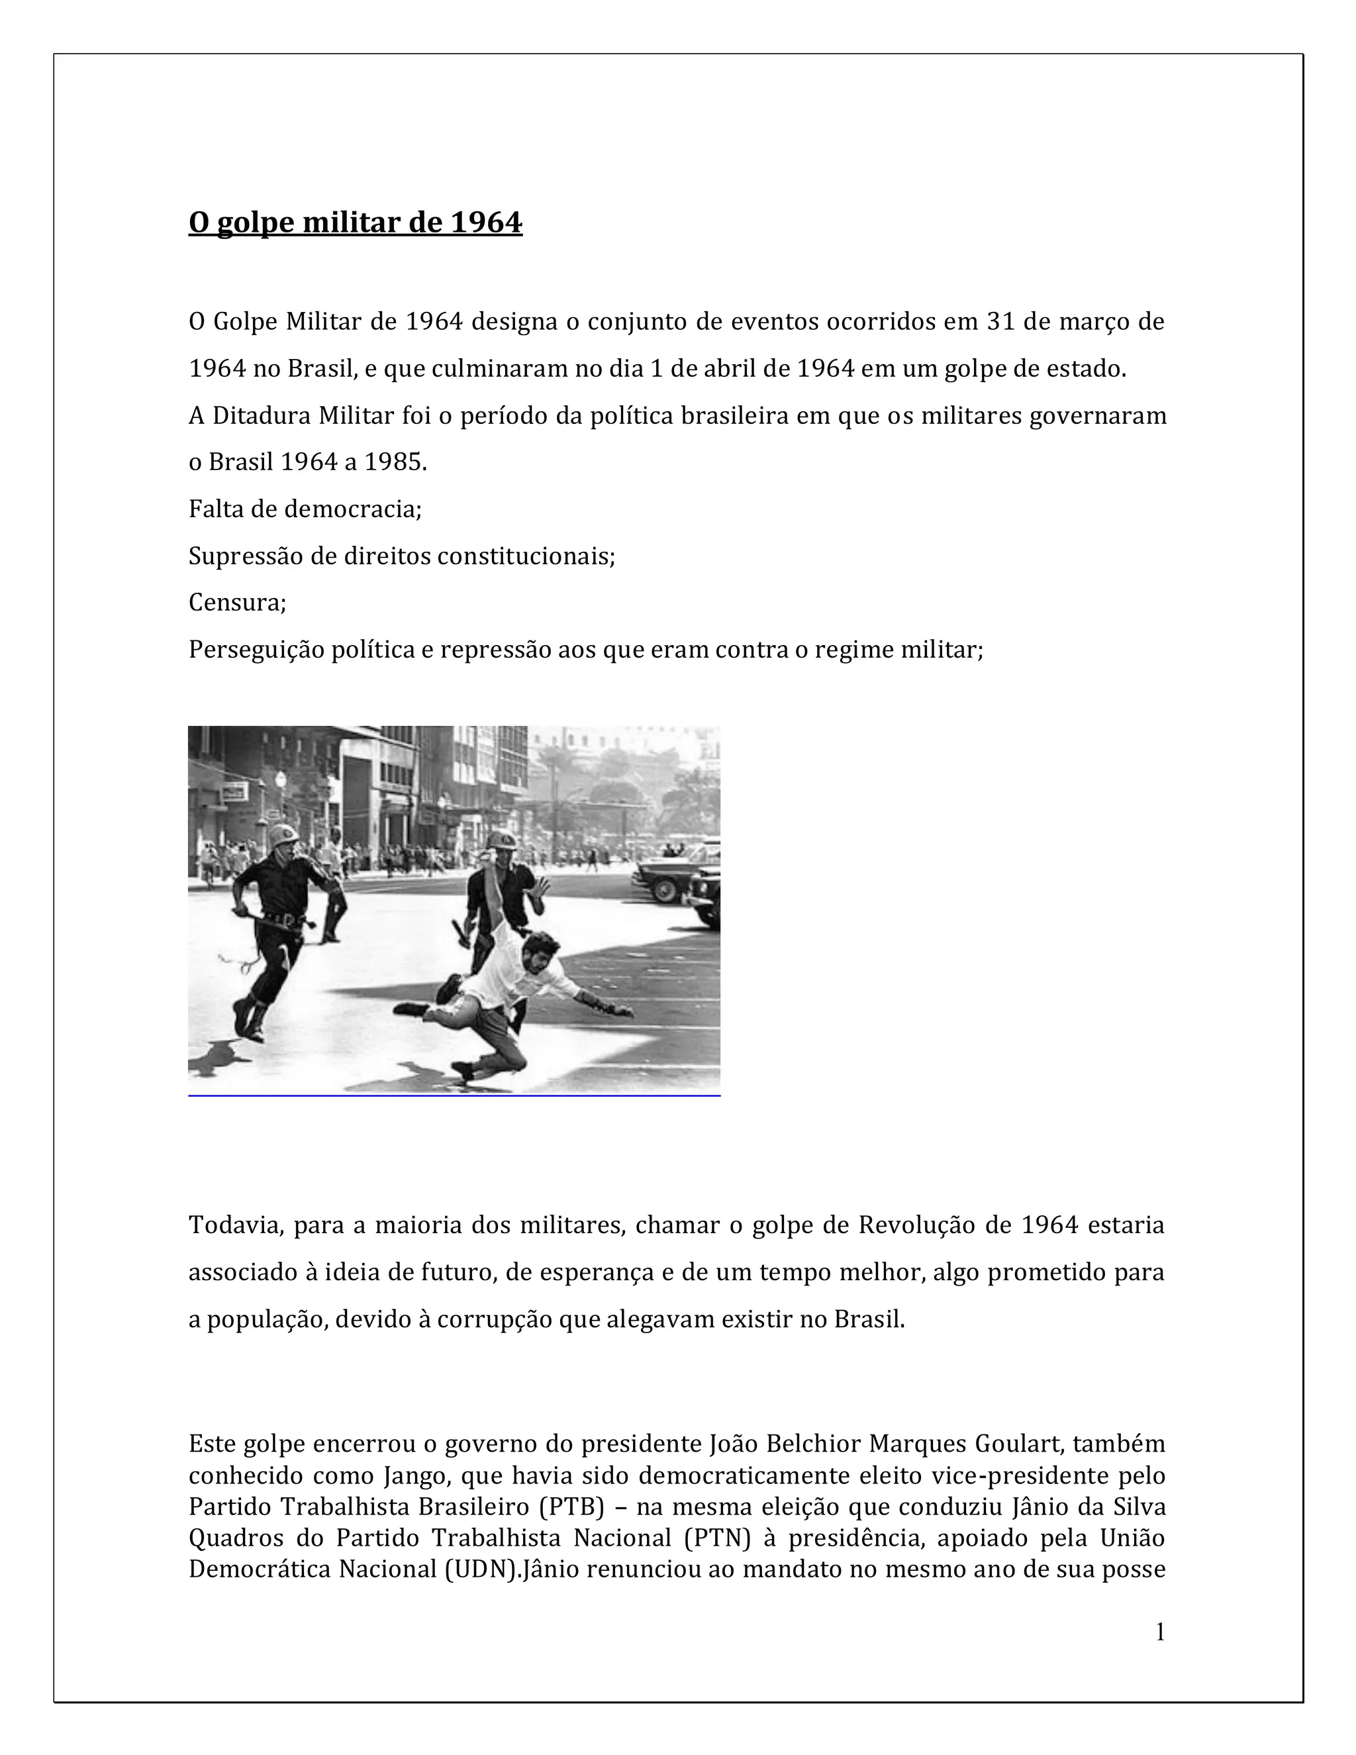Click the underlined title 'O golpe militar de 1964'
tap(355, 223)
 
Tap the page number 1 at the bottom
tap(1159, 1632)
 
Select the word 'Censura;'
tap(237, 602)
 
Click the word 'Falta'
tap(213, 509)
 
